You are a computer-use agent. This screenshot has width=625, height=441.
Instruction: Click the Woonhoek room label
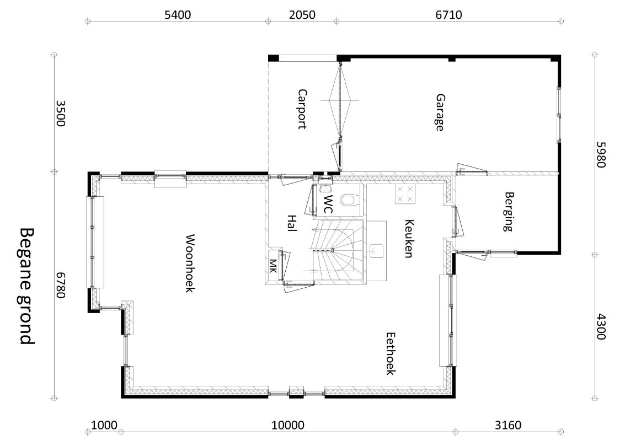190,263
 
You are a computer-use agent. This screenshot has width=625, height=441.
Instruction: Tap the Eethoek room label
391,354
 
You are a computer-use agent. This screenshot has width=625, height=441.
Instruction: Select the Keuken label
409,239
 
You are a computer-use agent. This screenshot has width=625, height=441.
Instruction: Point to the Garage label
440,112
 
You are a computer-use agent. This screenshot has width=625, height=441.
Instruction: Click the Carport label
302,109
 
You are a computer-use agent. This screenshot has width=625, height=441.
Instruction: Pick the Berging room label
508,212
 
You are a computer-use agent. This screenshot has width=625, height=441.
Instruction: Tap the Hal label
292,223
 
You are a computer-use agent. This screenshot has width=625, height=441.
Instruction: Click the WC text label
328,204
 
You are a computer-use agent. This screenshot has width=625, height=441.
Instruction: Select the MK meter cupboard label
273,266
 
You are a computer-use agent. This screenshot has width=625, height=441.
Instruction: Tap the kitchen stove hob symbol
405,194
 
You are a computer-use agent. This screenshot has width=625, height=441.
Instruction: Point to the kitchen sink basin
376,251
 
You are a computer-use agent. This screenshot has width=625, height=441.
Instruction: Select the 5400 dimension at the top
178,15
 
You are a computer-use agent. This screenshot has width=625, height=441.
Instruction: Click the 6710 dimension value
449,15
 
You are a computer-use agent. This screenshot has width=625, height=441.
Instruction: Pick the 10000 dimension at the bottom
288,426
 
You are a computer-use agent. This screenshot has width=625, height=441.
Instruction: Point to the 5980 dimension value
601,155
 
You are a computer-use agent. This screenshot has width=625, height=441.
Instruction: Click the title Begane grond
27,286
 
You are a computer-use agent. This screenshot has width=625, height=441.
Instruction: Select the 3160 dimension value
508,426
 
